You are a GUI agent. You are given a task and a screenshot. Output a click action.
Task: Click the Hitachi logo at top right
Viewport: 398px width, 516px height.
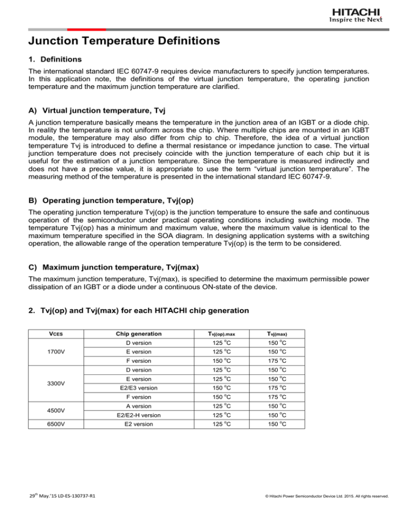point(359,15)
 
